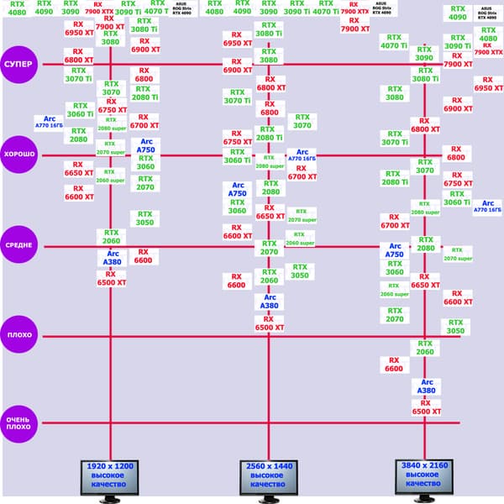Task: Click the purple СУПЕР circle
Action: pos(18,65)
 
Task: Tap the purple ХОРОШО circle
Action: pos(18,155)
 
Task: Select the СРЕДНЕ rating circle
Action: pos(18,245)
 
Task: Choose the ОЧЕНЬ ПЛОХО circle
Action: pos(18,423)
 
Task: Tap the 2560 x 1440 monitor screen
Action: pos(268,475)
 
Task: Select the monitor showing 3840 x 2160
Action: pos(425,475)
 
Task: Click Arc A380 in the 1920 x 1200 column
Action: pos(113,257)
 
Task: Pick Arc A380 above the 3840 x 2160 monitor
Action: pos(426,386)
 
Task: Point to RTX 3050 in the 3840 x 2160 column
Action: pos(455,327)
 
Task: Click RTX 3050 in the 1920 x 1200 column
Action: pos(144,218)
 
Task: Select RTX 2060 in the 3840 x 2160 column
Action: pos(425,348)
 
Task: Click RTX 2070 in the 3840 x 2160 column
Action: pos(395,314)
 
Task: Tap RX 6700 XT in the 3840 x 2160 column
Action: pos(395,221)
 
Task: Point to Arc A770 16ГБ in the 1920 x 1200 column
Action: pos(50,123)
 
